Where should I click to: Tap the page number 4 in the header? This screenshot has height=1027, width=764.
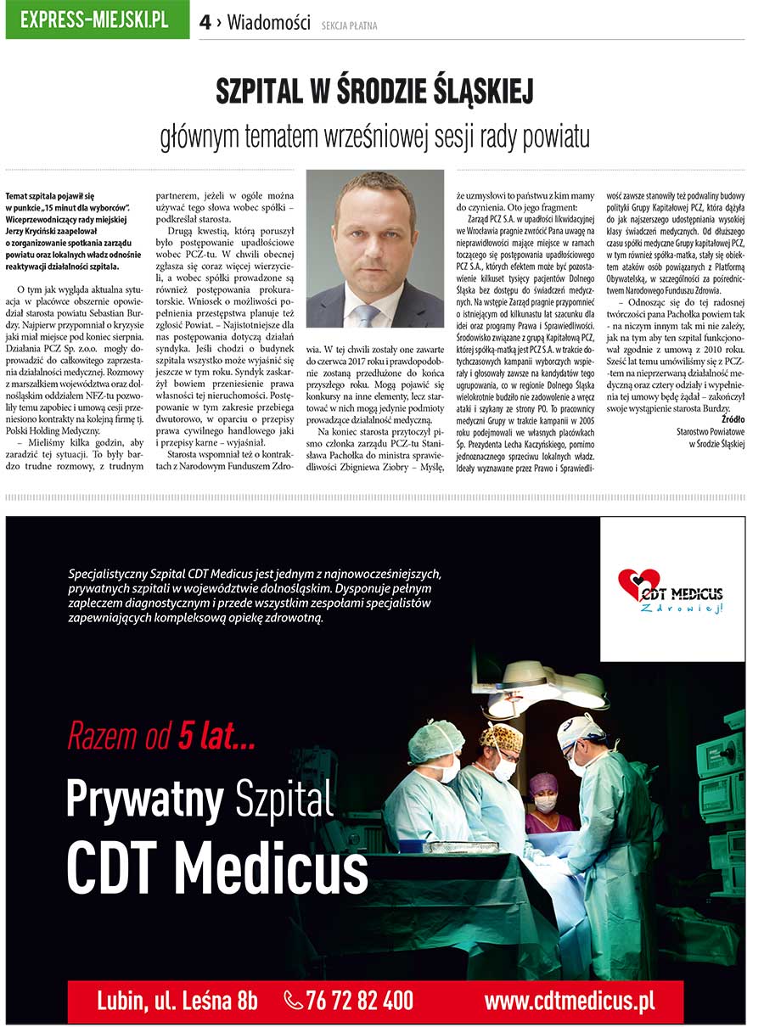205,23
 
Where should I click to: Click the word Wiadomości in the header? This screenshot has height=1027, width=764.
269,23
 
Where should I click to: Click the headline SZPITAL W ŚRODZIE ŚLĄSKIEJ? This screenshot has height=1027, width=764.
374,92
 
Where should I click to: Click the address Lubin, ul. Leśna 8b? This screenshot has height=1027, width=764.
177,1001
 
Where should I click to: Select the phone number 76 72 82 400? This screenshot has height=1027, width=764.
360,1001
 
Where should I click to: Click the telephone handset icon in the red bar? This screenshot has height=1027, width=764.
294,1001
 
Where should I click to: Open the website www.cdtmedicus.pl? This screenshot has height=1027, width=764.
569,1001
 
